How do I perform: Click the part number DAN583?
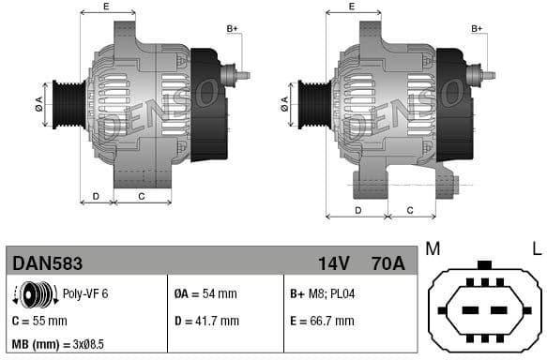pyautogui.click(x=46, y=262)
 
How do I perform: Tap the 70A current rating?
pyautogui.click(x=387, y=262)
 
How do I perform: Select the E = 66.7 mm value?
pyautogui.click(x=322, y=321)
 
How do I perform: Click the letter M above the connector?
pyautogui.click(x=433, y=248)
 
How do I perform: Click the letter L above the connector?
pyautogui.click(x=536, y=248)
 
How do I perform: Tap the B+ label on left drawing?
pyautogui.click(x=233, y=30)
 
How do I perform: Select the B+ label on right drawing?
pyautogui.click(x=477, y=30)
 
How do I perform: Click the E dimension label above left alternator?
pyautogui.click(x=105, y=7)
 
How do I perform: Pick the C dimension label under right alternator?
pyautogui.click(x=411, y=211)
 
